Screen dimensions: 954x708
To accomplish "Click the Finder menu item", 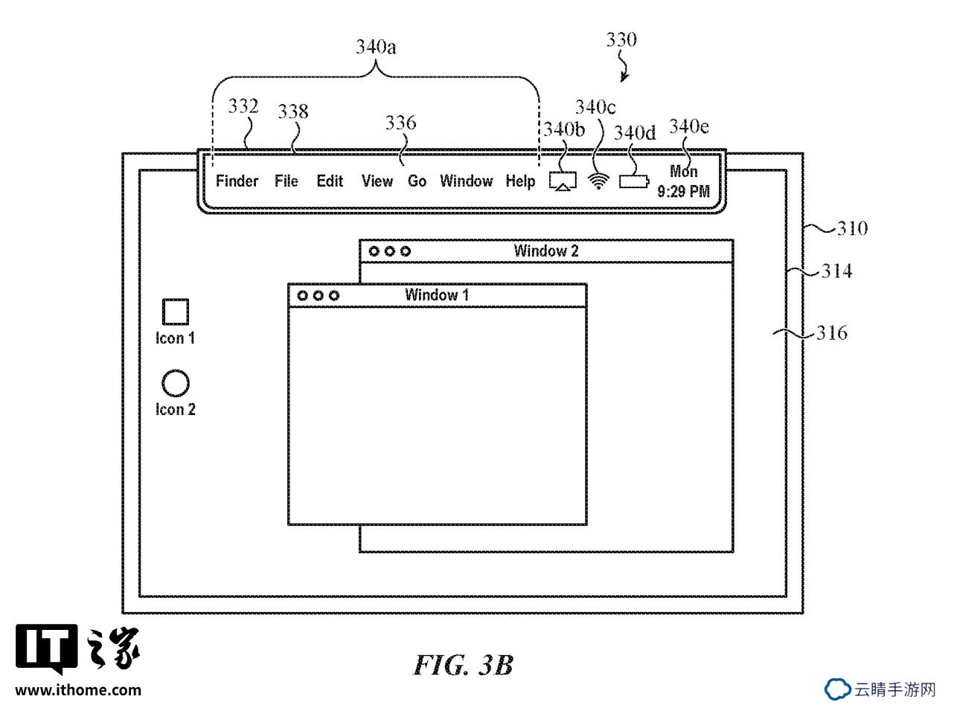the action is (237, 181).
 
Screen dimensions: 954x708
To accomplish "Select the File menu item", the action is (286, 181).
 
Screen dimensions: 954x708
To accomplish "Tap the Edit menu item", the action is (330, 181).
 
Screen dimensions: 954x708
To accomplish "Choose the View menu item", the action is (377, 181).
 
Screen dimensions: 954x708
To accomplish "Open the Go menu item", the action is (417, 181).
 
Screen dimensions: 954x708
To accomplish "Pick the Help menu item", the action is (520, 181).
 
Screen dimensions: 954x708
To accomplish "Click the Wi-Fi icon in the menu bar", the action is (598, 181).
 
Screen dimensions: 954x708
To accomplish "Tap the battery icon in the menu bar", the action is (634, 181).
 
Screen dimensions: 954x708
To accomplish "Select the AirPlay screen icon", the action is (563, 181).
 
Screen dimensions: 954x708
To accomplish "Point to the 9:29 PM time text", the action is (683, 191).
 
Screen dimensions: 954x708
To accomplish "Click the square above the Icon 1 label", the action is (176, 312).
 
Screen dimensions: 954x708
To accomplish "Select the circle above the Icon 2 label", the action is (176, 383).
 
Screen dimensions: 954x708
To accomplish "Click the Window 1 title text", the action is (437, 295).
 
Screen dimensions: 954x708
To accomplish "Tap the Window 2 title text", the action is (545, 251).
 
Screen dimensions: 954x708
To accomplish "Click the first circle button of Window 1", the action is (302, 296).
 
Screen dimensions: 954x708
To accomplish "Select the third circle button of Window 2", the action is (405, 251).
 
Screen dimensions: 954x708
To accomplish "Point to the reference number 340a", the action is (376, 46).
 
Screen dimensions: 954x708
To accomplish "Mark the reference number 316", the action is (832, 332).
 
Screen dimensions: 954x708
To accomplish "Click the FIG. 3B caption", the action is (464, 665).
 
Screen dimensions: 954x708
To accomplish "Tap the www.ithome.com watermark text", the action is (78, 690).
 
